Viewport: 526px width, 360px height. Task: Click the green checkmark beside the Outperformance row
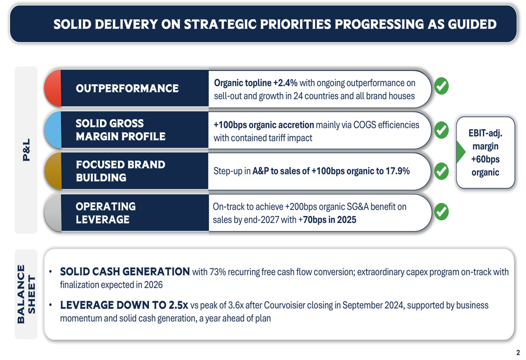point(441,86)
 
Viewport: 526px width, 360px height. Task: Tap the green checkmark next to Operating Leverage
point(441,211)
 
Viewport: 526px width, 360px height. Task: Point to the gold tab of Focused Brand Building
point(53,171)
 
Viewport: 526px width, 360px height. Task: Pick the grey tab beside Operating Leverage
point(53,212)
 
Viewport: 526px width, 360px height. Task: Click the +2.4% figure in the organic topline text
point(285,83)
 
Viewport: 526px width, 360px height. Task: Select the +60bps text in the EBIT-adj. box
point(485,159)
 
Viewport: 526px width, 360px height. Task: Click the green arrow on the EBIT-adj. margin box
point(460,152)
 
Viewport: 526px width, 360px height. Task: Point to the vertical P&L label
point(26,150)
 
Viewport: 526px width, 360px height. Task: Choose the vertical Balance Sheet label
point(26,294)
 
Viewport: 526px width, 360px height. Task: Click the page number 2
point(518,353)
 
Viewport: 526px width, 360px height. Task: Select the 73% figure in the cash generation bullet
point(218,272)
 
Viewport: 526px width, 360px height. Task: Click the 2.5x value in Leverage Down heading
point(178,305)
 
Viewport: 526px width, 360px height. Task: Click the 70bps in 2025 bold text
point(328,220)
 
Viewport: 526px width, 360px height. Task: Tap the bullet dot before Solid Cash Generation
point(50,272)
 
